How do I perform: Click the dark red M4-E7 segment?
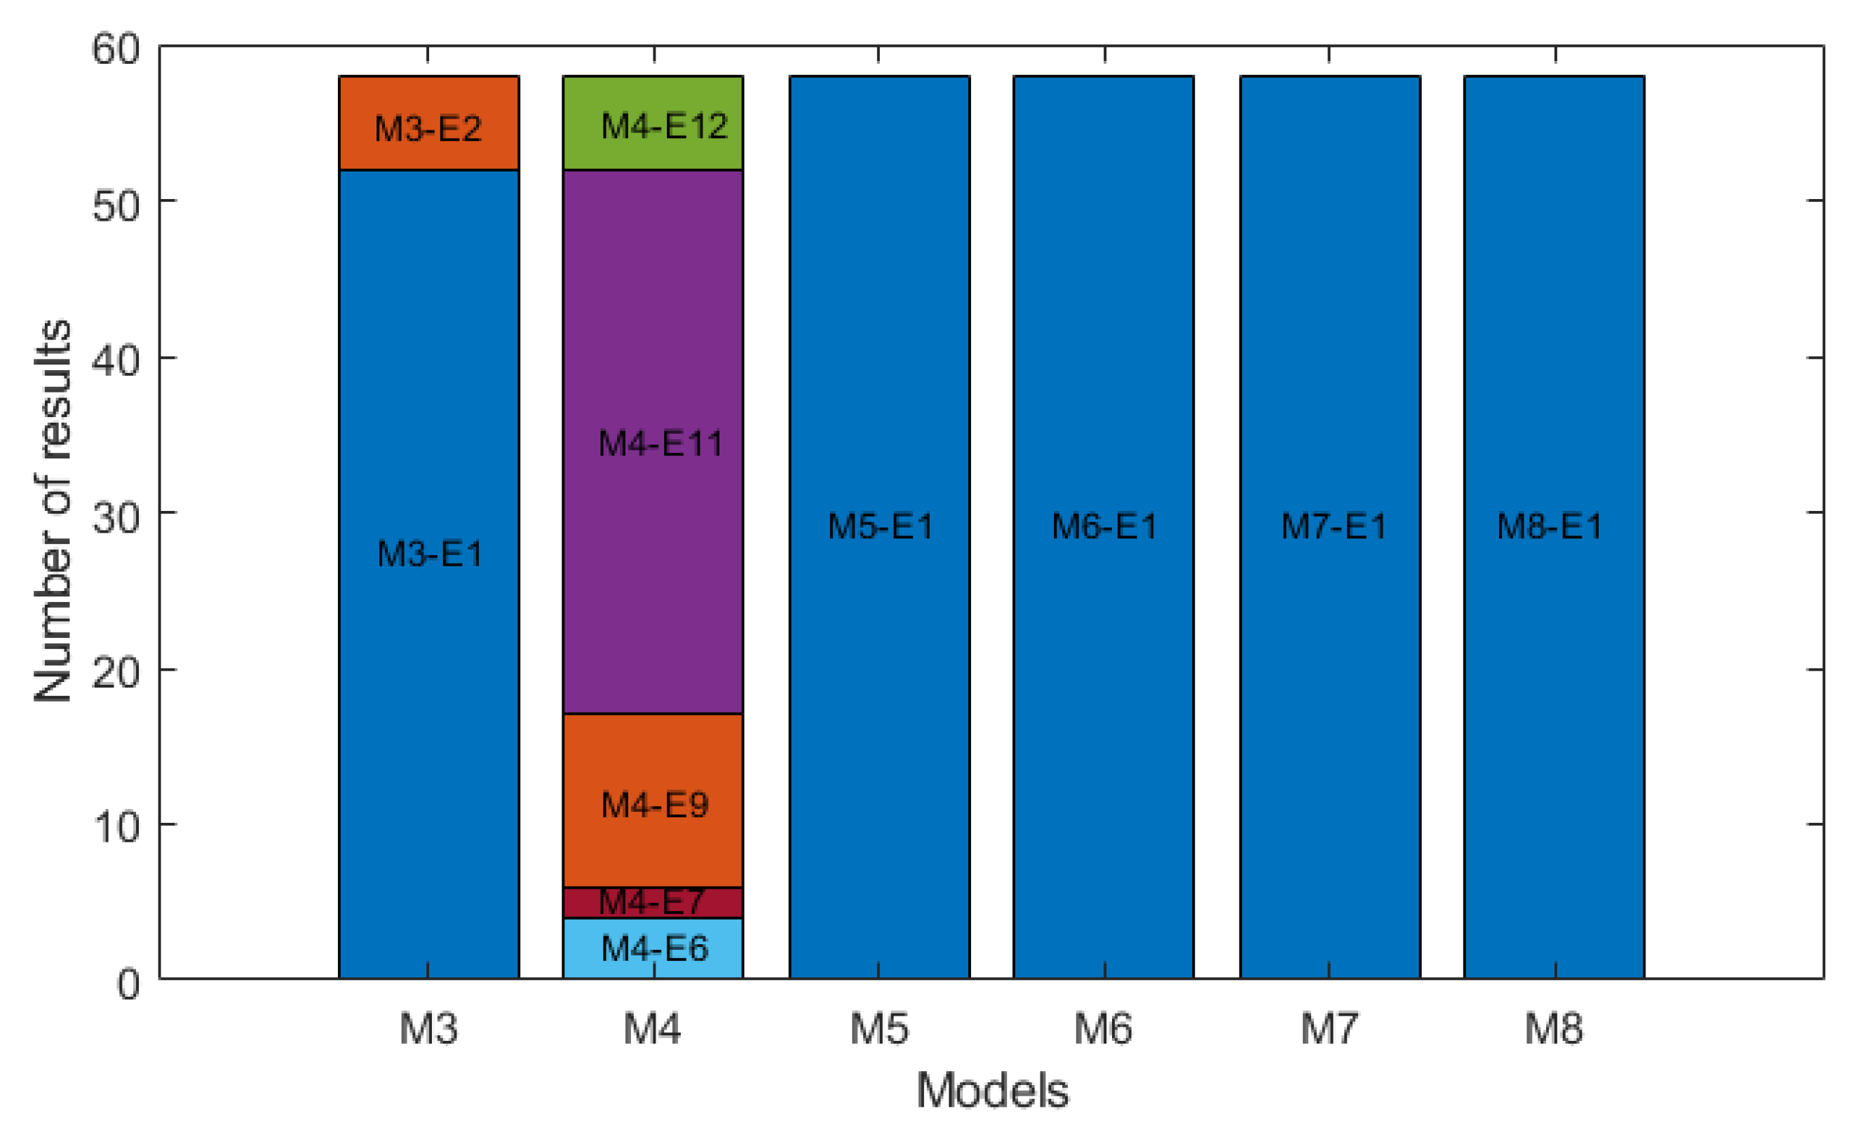pyautogui.click(x=653, y=902)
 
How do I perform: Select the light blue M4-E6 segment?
pyautogui.click(x=653, y=948)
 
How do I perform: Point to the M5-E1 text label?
pyautogui.click(x=880, y=526)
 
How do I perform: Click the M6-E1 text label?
pyautogui.click(x=1104, y=526)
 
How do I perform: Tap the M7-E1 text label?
pyautogui.click(x=1333, y=526)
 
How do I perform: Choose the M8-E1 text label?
pyautogui.click(x=1550, y=526)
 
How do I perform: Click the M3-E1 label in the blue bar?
pyautogui.click(x=429, y=554)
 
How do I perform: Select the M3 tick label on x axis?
pyautogui.click(x=428, y=1029)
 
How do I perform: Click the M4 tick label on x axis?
pyautogui.click(x=652, y=1029)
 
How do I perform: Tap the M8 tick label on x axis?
pyautogui.click(x=1554, y=1029)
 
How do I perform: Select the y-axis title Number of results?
pyautogui.click(x=53, y=512)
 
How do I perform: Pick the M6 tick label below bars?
pyautogui.click(x=1103, y=1029)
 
